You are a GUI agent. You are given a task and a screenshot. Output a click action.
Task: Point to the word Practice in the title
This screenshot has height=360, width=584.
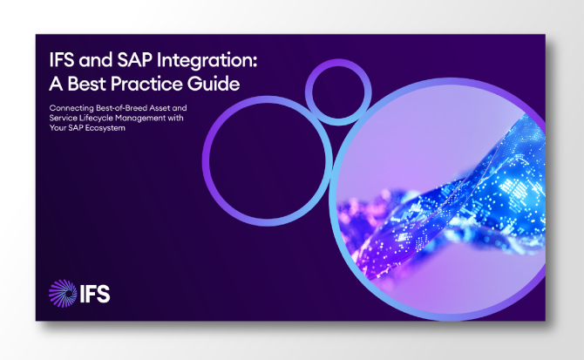pyautogui.click(x=148, y=84)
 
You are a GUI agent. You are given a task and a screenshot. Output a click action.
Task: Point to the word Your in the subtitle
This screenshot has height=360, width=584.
pyautogui.click(x=59, y=128)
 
